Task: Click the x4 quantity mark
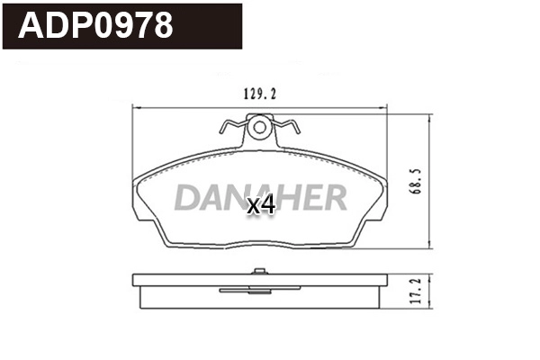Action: point(260,206)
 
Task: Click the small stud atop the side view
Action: point(260,270)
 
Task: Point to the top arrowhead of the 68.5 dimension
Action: point(430,112)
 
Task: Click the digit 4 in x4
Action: point(266,206)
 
